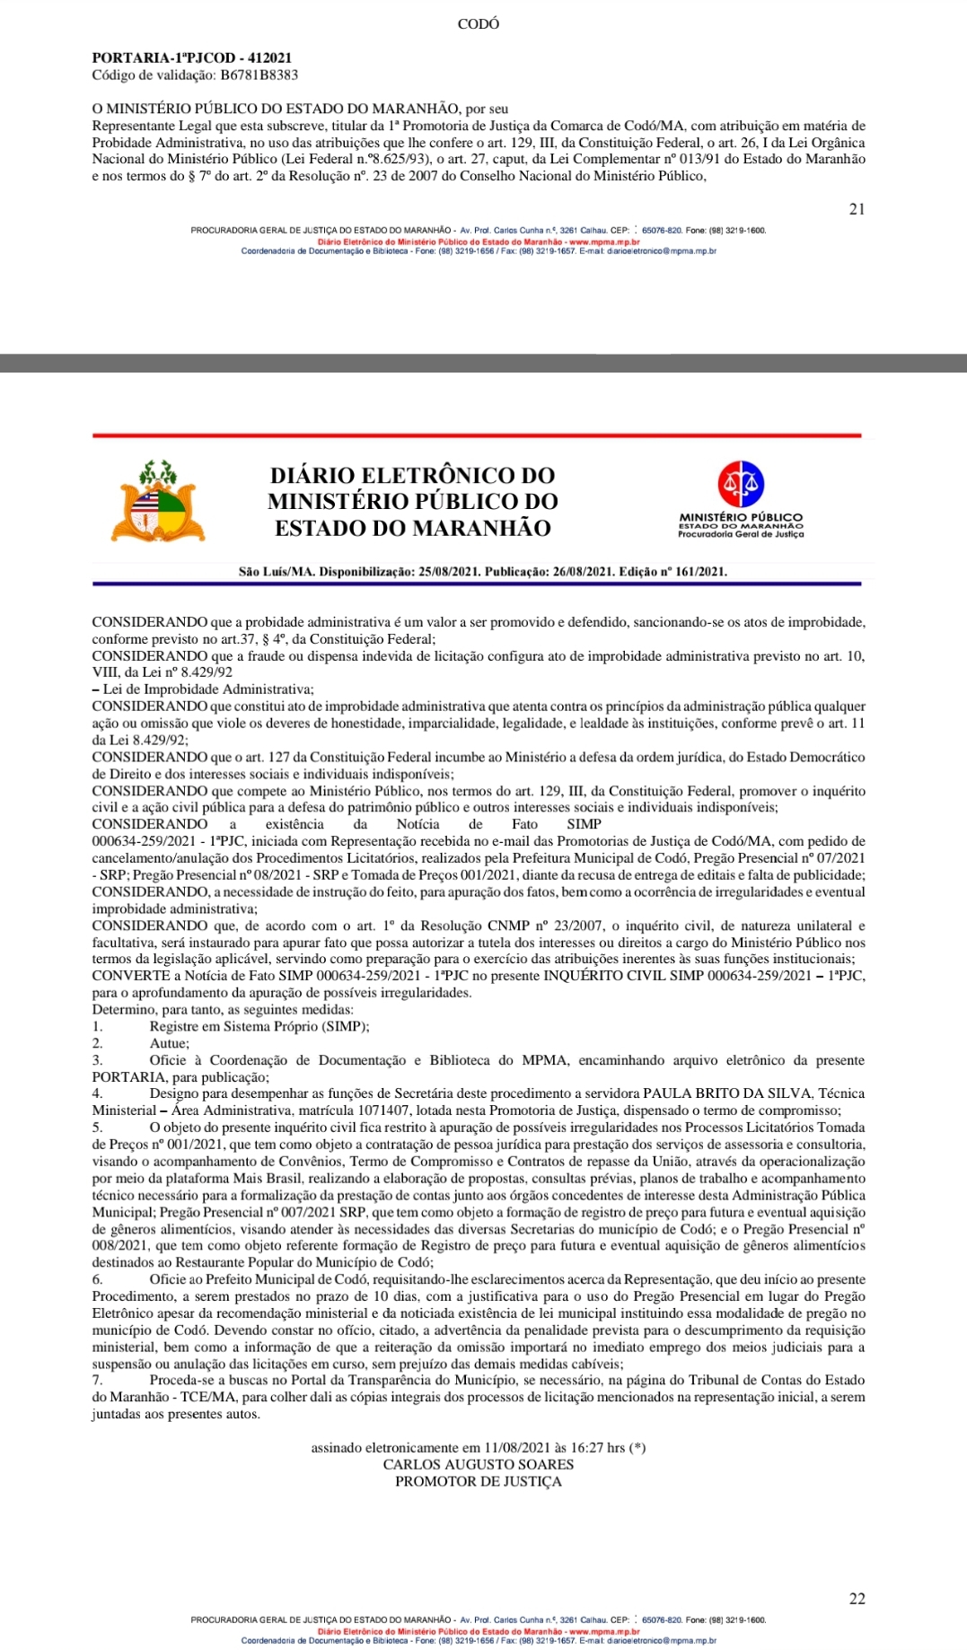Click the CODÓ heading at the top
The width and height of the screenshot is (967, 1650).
[x=478, y=24]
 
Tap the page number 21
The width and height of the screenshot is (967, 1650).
[x=857, y=209]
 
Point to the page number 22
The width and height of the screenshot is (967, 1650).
[x=857, y=1599]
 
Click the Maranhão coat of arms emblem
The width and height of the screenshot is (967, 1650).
[x=159, y=502]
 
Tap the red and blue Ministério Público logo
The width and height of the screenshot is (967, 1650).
[x=741, y=484]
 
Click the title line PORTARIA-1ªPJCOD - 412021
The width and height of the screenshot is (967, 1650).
[x=191, y=58]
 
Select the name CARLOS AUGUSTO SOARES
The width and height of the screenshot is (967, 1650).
[x=478, y=1464]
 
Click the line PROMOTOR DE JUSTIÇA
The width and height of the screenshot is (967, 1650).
[x=478, y=1481]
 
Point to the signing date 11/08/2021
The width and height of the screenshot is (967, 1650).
[x=516, y=1447]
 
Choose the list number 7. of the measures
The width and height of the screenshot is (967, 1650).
[x=97, y=1380]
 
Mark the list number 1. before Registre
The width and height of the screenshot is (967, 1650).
[x=97, y=1026]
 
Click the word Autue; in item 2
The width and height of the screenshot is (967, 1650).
[x=169, y=1043]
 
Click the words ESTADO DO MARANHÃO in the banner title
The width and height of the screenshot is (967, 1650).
[x=412, y=528]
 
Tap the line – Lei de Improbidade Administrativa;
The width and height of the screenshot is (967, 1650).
[x=203, y=689]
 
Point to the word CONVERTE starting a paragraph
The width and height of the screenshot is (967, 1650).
[x=131, y=976]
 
